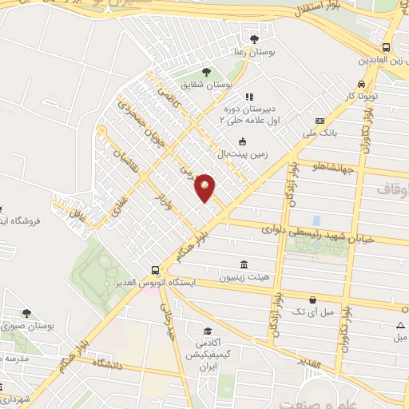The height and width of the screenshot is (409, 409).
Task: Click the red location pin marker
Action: (x=205, y=187)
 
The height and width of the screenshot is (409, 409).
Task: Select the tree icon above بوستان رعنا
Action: (x=254, y=38)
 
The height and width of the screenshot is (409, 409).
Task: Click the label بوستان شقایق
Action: (x=205, y=83)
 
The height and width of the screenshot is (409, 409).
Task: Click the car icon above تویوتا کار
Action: (x=362, y=84)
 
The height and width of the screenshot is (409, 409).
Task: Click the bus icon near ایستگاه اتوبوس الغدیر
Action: (x=156, y=269)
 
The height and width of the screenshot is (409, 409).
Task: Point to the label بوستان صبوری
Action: (x=26, y=326)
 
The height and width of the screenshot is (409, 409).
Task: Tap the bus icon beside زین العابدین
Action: (x=387, y=47)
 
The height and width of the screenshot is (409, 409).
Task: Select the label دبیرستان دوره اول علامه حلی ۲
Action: (x=248, y=113)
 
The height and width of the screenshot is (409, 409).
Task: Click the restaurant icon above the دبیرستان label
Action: (x=248, y=97)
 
